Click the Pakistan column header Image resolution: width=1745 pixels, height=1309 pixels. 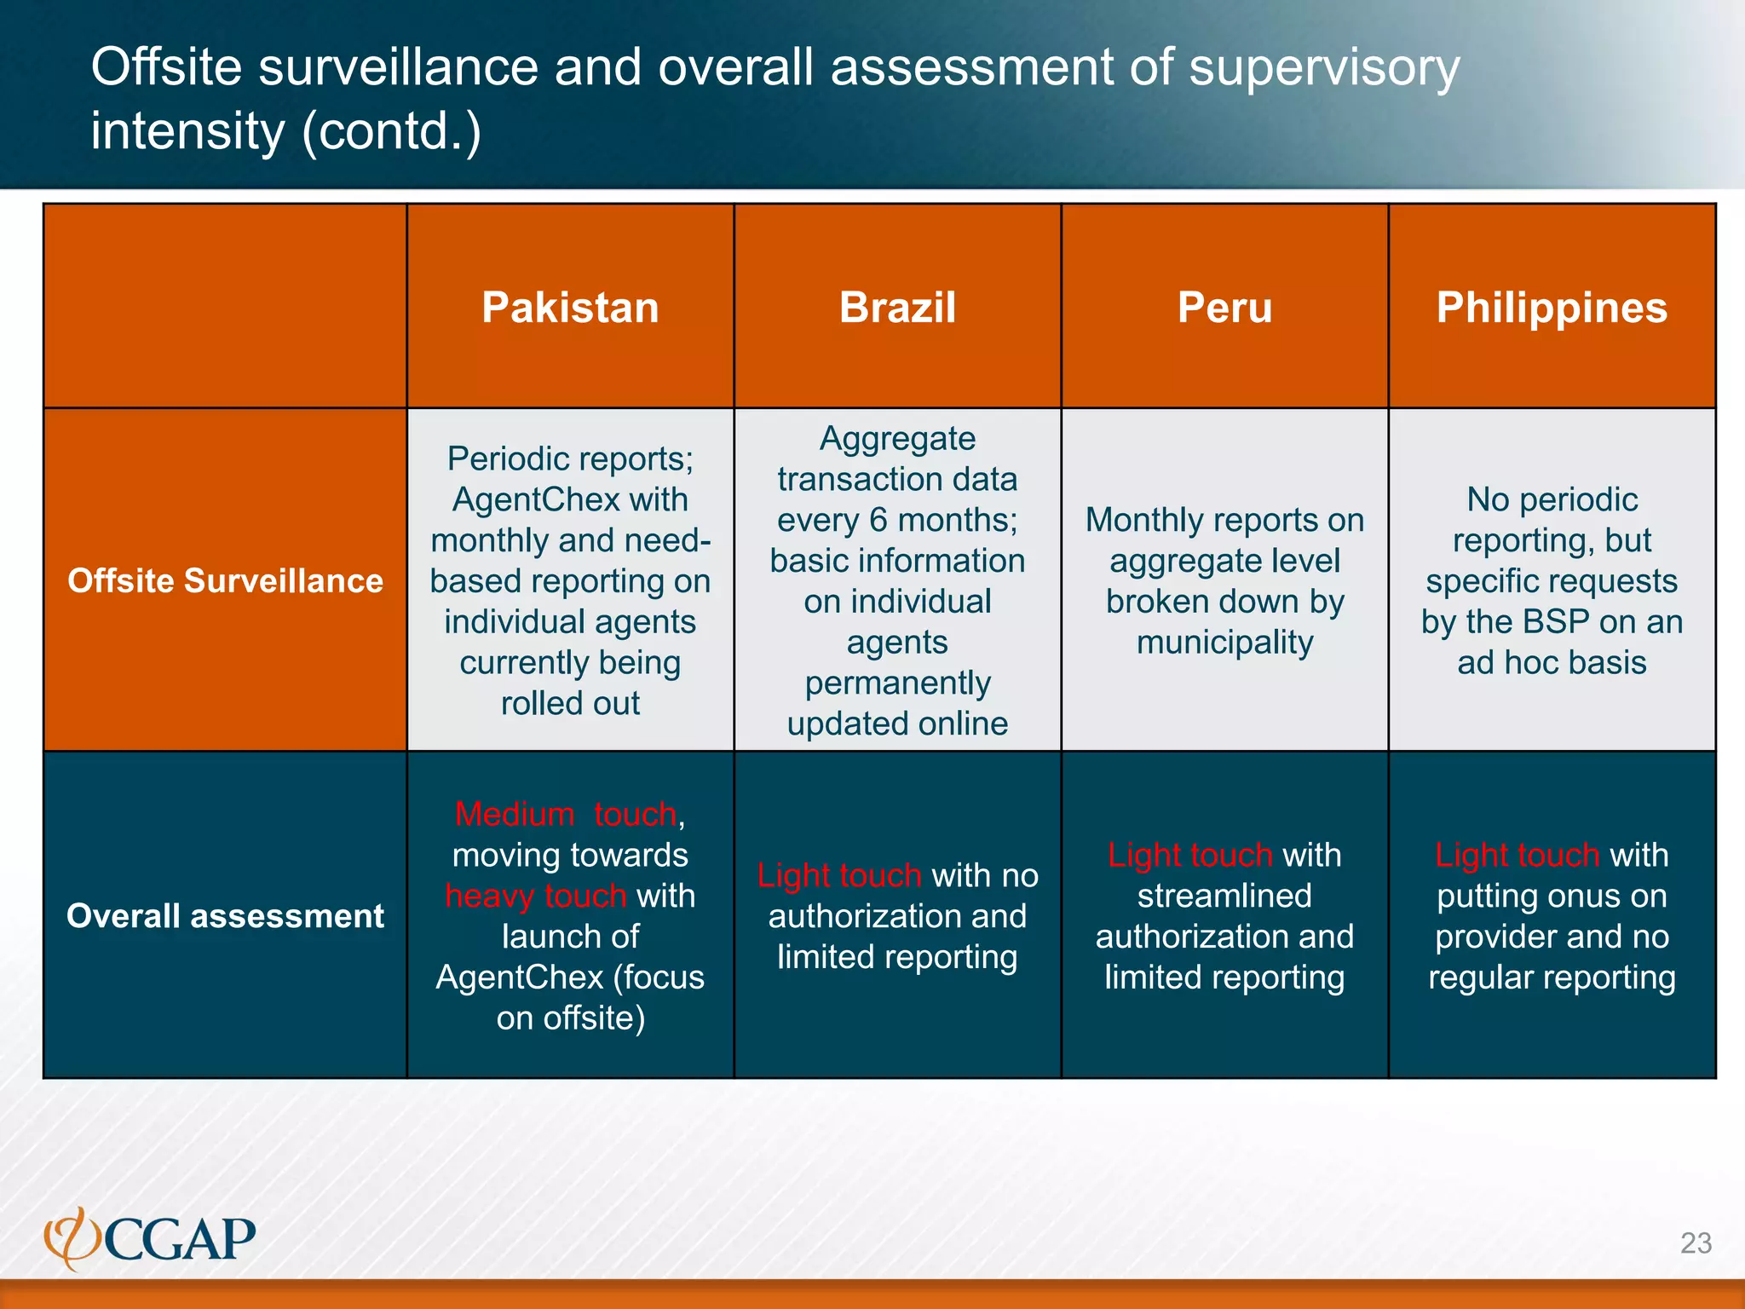(570, 308)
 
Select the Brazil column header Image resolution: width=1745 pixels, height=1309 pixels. (897, 308)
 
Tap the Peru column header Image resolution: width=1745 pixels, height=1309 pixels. (1224, 308)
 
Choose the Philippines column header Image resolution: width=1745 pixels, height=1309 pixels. (1552, 308)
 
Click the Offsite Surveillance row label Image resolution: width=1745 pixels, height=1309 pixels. (225, 580)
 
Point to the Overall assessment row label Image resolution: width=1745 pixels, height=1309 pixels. (225, 915)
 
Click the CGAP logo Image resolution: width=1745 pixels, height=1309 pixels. (150, 1238)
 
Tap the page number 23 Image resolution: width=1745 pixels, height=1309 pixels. (1696, 1243)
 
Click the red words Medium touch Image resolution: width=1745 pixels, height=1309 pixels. (566, 814)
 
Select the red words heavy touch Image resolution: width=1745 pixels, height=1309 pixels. (536, 896)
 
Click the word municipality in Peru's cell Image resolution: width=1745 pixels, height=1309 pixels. (1224, 642)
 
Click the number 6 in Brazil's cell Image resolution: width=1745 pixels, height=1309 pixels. (878, 520)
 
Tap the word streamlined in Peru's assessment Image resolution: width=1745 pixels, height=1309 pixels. (1224, 896)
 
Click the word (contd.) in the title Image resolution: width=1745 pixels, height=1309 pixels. (392, 131)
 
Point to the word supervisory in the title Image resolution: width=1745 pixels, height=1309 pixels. (1324, 67)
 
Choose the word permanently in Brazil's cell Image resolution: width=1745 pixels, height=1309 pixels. (897, 683)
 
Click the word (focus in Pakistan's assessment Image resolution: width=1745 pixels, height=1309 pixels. (659, 977)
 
